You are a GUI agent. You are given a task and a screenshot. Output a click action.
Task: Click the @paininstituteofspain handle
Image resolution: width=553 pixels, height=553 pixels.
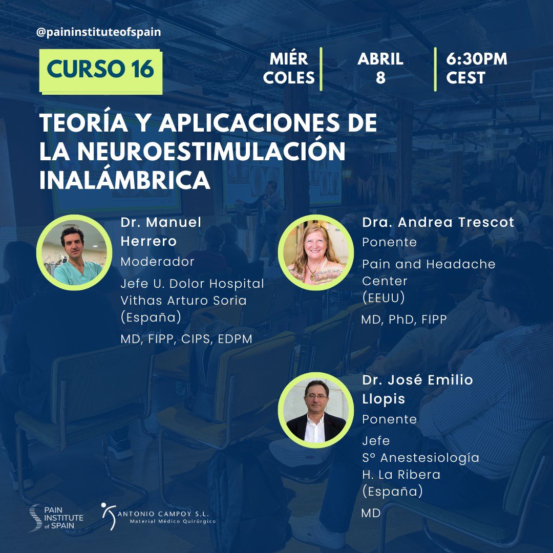[x=99, y=32]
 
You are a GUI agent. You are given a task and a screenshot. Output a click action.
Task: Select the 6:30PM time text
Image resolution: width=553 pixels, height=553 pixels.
[x=476, y=59]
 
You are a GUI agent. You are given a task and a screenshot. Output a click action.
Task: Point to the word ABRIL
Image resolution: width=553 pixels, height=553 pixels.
[x=380, y=59]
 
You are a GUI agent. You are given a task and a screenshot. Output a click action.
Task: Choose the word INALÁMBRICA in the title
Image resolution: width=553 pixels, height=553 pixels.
[x=125, y=180]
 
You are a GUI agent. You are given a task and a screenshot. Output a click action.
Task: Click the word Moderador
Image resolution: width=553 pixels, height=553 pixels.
[x=157, y=262]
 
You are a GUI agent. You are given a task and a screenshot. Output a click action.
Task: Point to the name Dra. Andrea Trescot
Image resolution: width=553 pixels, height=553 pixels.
[x=438, y=222]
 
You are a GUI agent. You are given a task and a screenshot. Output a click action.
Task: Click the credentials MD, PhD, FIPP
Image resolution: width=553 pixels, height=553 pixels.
[x=404, y=320]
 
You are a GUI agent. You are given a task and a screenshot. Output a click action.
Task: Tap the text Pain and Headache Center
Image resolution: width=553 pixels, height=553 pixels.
[x=429, y=272]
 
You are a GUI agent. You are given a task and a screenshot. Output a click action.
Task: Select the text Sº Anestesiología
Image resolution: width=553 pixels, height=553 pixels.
[x=420, y=457]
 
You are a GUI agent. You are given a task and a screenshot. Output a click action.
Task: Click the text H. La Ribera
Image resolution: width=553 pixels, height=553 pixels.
[x=401, y=474]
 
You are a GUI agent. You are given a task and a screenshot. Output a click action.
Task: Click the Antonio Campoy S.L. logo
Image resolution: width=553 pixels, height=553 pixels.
[x=158, y=514]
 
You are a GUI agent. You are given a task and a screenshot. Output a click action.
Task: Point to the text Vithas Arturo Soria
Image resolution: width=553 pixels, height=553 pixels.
[x=183, y=301]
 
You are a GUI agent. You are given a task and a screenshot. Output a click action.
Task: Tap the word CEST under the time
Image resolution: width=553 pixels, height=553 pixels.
[x=465, y=78]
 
